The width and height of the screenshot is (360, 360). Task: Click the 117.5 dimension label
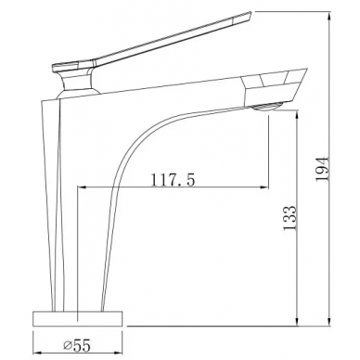click(173, 180)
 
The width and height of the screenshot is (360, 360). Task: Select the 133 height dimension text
click(290, 218)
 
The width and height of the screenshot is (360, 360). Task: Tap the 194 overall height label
click(323, 170)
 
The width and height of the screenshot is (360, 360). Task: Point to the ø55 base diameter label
click(77, 345)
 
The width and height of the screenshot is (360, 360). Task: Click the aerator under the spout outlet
click(265, 107)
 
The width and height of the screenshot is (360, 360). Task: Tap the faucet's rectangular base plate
click(78, 318)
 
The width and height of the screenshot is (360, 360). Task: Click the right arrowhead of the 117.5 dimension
click(264, 186)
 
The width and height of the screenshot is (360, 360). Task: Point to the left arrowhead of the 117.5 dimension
click(82, 186)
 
